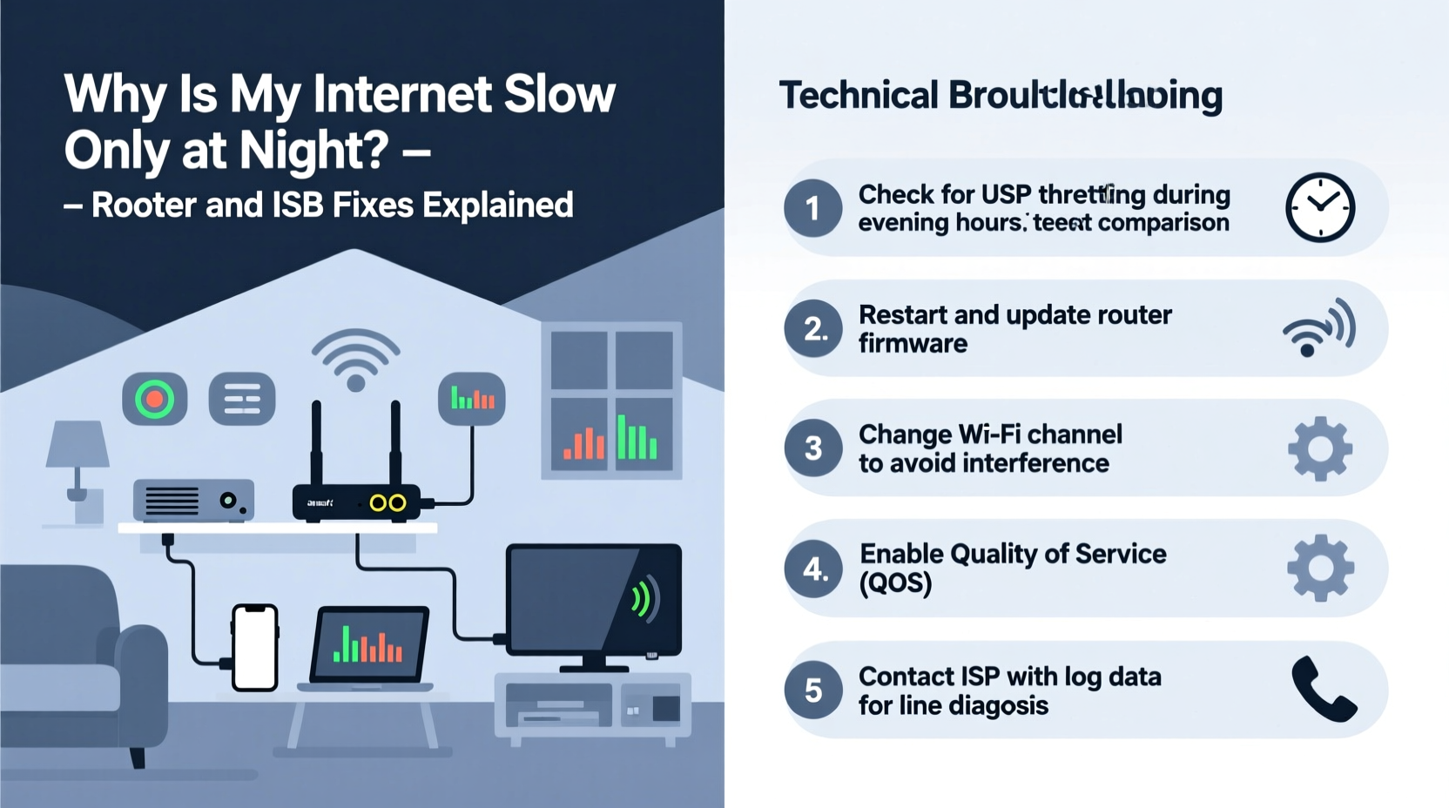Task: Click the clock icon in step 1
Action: click(1320, 207)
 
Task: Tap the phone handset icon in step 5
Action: click(1323, 689)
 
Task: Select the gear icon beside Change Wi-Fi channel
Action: click(1320, 448)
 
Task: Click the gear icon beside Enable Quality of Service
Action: click(1320, 569)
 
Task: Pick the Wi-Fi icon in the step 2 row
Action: click(1318, 328)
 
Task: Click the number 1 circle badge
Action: click(812, 208)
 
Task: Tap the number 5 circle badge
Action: click(812, 690)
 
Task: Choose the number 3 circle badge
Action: click(812, 448)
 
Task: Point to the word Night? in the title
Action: click(313, 150)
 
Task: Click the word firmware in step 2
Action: click(913, 344)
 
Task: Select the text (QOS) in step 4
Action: click(895, 582)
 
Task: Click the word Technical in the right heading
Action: click(859, 95)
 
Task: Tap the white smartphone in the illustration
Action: click(255, 648)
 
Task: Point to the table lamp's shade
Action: click(78, 444)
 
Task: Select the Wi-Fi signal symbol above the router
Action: click(355, 358)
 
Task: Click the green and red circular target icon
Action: click(154, 400)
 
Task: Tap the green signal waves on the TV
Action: click(643, 599)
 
